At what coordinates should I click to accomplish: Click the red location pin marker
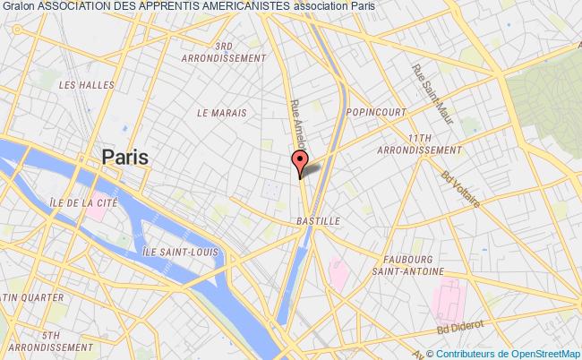point(299,163)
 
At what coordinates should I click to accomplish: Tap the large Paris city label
point(125,156)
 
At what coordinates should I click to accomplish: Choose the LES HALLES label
point(77,85)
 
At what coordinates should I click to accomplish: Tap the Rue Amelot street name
point(297,124)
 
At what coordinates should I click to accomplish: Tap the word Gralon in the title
point(18,6)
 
